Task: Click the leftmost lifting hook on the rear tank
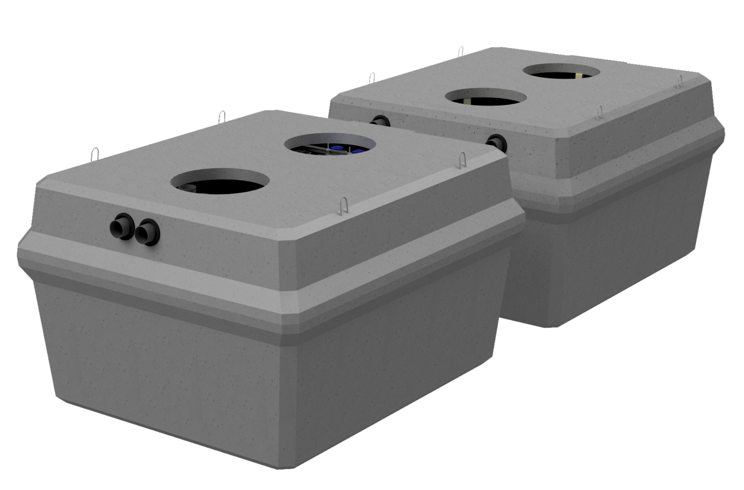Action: [372, 78]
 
